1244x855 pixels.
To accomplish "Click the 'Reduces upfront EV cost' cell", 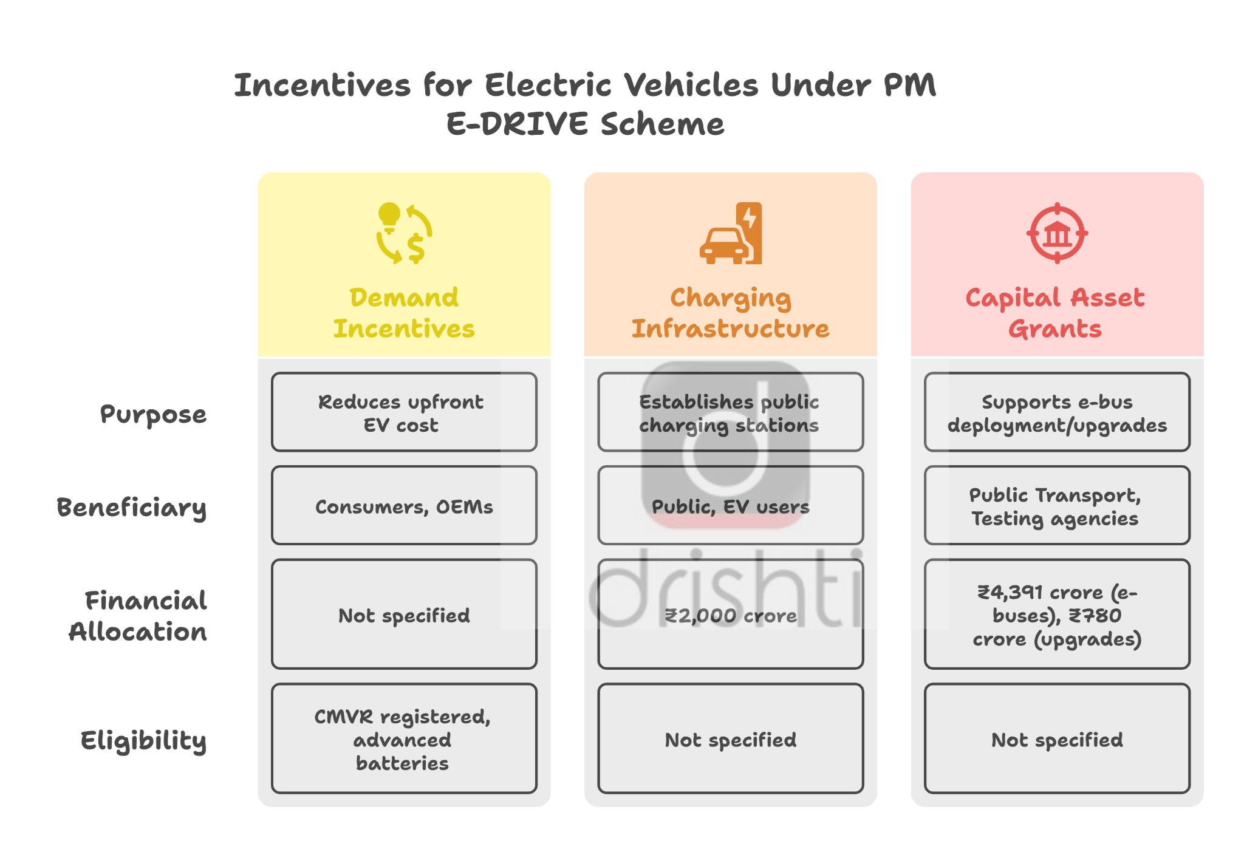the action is tap(404, 412).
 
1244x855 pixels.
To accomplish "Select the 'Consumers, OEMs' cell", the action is tap(404, 505).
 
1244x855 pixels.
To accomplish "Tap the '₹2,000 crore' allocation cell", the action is tap(730, 614).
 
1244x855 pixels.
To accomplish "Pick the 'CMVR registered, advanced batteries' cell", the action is tap(404, 738).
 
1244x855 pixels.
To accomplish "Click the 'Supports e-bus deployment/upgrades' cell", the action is tap(1057, 412).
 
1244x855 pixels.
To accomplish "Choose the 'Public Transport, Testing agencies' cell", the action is tap(1057, 505).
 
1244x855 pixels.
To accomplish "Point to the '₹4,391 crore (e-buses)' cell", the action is tap(1057, 614).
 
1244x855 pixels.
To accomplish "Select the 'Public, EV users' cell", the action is tap(730, 505).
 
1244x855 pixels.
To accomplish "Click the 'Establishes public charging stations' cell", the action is tap(730, 412).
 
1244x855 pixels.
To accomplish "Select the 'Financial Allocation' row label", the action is tap(138, 616).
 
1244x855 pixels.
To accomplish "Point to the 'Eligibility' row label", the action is tap(143, 741).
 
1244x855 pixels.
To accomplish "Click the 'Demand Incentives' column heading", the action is tap(404, 313).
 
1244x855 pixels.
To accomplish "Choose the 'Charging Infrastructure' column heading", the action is tap(730, 313).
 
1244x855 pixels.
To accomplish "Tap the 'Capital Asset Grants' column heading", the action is tap(1056, 313).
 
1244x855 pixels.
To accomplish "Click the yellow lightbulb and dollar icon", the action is tap(404, 233).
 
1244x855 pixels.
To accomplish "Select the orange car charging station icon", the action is tap(731, 233).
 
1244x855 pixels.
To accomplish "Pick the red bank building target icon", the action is tap(1057, 233).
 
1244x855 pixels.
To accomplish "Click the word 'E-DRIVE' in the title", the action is tap(518, 124).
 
